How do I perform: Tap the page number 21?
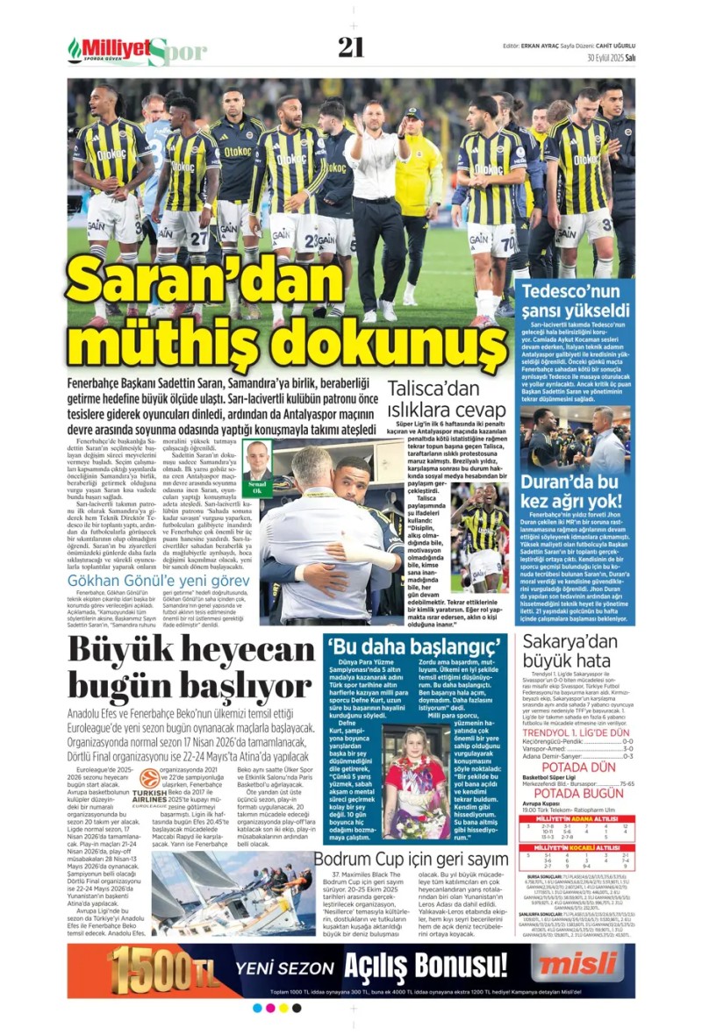pyautogui.click(x=351, y=47)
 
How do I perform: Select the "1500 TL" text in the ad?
pyautogui.click(x=159, y=968)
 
